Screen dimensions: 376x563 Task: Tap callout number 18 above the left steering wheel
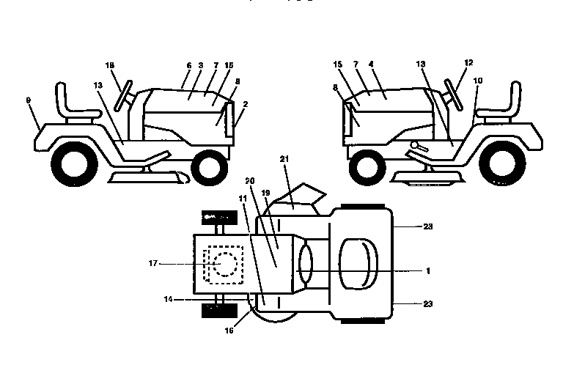(x=111, y=66)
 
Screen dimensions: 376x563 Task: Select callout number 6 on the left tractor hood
(x=188, y=66)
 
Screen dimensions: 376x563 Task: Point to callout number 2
(x=245, y=105)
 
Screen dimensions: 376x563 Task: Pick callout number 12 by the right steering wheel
(x=468, y=64)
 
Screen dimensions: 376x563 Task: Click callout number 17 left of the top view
(x=152, y=264)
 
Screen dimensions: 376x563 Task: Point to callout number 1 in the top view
(x=427, y=270)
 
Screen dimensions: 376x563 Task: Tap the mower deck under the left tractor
(x=147, y=178)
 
